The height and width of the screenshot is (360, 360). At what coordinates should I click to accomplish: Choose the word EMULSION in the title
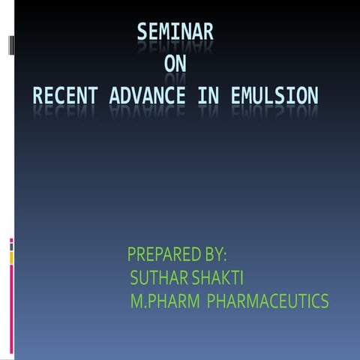[x=272, y=96]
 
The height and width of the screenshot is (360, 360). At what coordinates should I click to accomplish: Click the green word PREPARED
[x=160, y=253]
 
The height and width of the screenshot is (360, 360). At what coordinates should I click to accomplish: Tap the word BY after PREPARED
[x=211, y=253]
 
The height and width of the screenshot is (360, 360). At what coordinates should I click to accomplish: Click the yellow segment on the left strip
[x=11, y=257]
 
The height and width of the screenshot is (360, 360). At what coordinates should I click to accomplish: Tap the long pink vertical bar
[x=11, y=307]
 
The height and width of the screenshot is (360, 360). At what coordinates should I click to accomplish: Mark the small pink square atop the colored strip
[x=11, y=240]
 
